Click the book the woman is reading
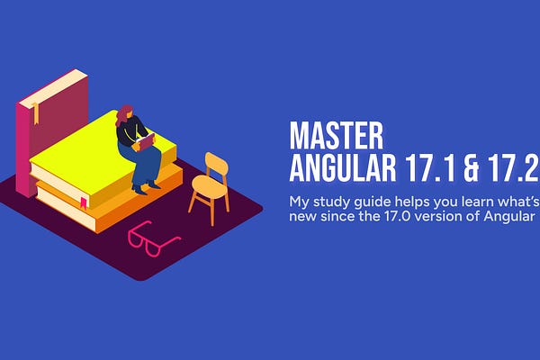pyautogui.click(x=145, y=141)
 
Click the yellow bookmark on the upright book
pyautogui.click(x=37, y=113)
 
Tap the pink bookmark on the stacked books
pyautogui.click(x=83, y=201)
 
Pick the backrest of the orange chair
pyautogui.click(x=216, y=165)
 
